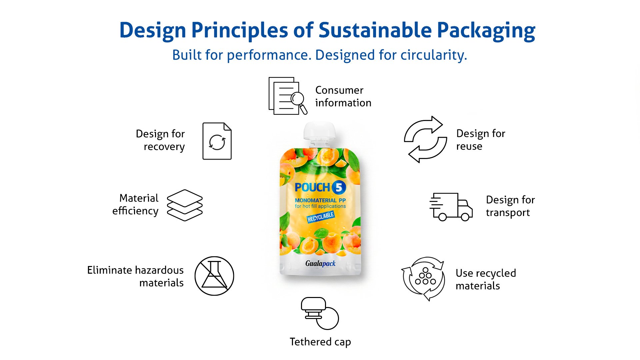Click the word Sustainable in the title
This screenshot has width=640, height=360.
375,30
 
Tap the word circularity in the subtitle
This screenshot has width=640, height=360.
434,55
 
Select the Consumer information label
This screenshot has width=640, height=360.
343,96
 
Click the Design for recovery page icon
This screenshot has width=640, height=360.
217,141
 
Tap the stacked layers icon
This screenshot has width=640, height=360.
185,205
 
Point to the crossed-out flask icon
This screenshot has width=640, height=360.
214,276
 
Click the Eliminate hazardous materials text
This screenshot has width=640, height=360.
135,276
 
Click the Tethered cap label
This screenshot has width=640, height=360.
320,342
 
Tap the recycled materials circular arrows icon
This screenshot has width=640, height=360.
423,278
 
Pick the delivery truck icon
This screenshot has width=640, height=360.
451,207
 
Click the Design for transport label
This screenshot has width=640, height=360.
510,206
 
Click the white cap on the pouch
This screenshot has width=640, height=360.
319,131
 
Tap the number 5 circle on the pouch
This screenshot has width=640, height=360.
339,188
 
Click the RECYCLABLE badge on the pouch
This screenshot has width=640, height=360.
321,217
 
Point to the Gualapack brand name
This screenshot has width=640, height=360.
321,264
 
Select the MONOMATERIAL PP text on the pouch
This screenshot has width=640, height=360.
320,200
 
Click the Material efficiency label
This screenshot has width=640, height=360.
135,204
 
